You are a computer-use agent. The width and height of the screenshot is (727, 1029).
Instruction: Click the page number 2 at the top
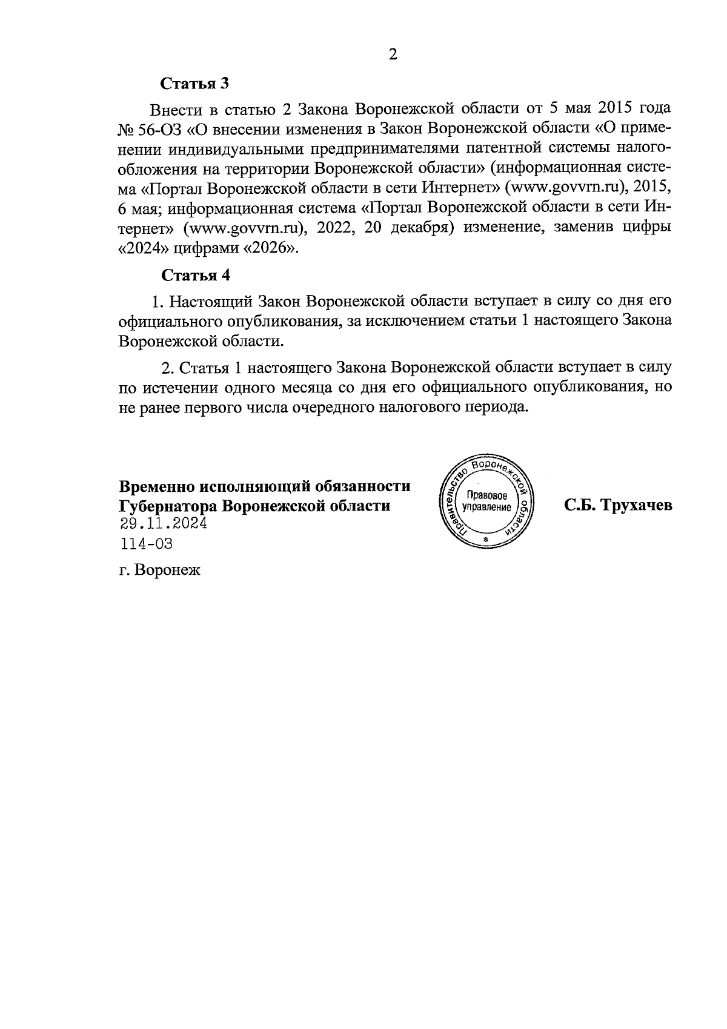click(x=393, y=55)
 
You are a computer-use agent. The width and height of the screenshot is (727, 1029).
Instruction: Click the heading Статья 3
click(x=195, y=84)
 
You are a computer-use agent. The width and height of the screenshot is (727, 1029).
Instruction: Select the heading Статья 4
click(x=196, y=276)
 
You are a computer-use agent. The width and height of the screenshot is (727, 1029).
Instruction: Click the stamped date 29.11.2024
click(x=164, y=524)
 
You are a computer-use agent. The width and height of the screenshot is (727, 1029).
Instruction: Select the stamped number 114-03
click(x=147, y=544)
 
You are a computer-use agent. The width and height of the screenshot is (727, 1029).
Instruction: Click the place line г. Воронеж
click(x=159, y=571)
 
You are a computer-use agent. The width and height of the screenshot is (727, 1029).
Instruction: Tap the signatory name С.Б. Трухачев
click(x=618, y=506)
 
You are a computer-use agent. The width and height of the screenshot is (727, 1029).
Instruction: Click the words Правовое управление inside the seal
click(x=486, y=501)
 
